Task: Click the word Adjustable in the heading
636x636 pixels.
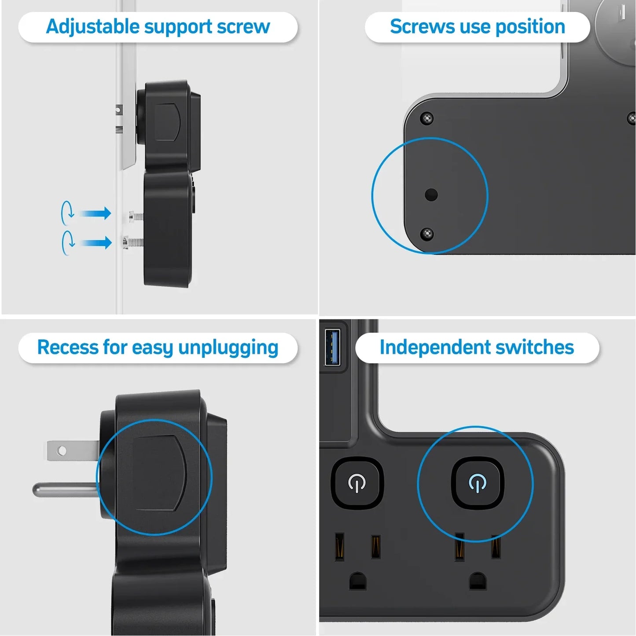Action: [x=93, y=27]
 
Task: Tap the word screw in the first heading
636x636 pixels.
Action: [x=243, y=27]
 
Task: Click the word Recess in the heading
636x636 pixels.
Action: [x=68, y=347]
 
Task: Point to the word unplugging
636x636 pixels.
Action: [x=228, y=348]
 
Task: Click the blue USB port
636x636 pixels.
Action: [x=332, y=347]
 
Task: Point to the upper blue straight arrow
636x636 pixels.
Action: [x=95, y=213]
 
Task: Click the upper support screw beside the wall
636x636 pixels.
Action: [x=136, y=216]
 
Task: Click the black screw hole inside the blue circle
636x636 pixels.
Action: [x=431, y=195]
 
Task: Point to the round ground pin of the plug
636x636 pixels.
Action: [x=65, y=490]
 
